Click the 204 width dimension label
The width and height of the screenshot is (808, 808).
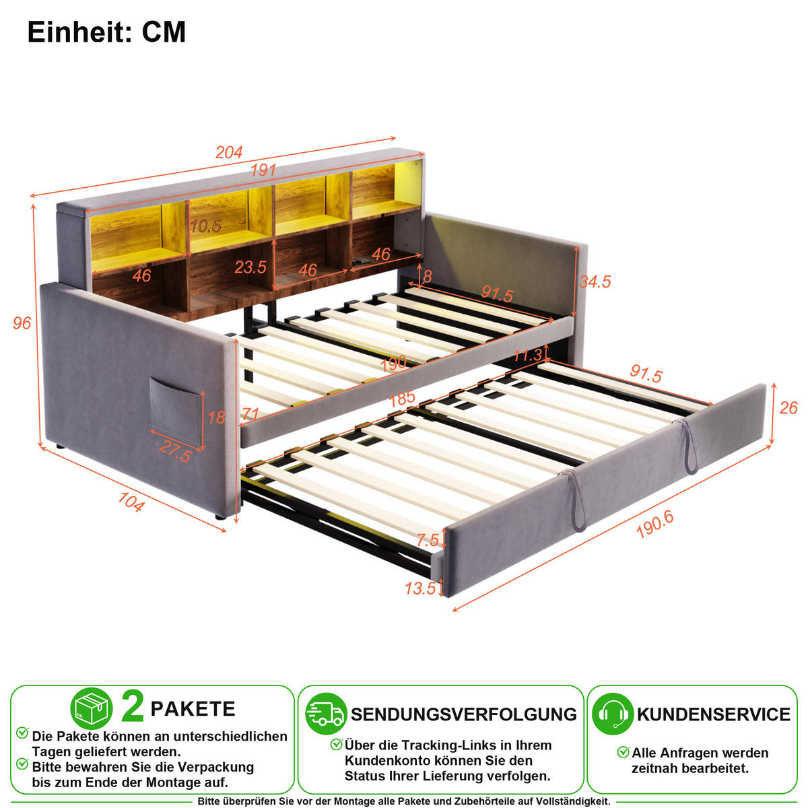(229, 151)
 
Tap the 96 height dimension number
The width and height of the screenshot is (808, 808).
(22, 323)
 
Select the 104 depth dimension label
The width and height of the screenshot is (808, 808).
(131, 502)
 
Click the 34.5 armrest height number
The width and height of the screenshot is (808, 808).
(595, 281)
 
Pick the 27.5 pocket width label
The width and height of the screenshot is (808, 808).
(175, 452)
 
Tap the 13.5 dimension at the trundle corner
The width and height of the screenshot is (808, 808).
(420, 588)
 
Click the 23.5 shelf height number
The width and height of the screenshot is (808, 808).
(250, 267)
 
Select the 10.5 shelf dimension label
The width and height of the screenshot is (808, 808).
(205, 226)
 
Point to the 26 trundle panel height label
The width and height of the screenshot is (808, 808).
(788, 408)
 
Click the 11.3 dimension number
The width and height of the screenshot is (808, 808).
(528, 356)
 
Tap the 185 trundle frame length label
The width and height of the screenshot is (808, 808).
(402, 398)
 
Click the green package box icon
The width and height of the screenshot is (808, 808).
(92, 708)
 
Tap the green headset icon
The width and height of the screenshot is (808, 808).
(613, 714)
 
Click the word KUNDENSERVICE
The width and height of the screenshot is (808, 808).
(713, 714)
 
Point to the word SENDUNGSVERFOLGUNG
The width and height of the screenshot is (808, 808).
(464, 714)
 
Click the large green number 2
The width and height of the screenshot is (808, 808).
(133, 707)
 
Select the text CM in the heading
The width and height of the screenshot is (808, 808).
(164, 32)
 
